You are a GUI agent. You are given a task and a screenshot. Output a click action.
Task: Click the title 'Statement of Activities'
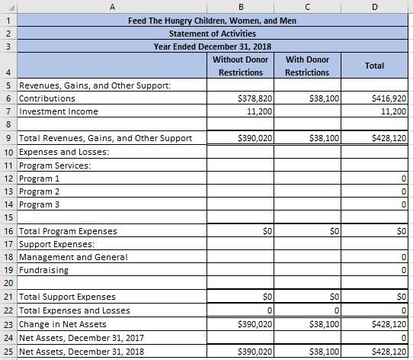tap(213, 34)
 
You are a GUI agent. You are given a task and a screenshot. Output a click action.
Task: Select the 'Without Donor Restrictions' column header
tap(240, 66)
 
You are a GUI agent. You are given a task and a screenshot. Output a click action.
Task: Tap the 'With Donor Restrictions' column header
tap(307, 66)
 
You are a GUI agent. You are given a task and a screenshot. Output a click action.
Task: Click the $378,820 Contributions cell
tap(257, 99)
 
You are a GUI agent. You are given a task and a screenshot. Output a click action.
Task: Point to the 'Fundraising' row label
tap(43, 270)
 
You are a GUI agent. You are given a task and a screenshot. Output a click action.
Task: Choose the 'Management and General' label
tap(73, 257)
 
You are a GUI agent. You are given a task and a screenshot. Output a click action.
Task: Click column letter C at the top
tap(307, 7)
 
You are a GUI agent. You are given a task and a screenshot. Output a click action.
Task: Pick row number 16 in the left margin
tap(8, 230)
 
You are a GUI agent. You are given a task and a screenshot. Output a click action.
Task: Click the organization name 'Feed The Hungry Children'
tap(213, 21)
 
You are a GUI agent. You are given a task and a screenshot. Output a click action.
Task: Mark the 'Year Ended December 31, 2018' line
tap(213, 47)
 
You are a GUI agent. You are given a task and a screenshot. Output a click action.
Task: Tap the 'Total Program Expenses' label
tap(68, 230)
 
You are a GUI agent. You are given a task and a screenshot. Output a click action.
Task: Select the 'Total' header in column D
tap(374, 66)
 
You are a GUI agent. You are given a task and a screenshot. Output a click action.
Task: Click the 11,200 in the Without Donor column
tap(259, 111)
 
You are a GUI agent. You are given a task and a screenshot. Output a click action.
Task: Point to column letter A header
tap(112, 7)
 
